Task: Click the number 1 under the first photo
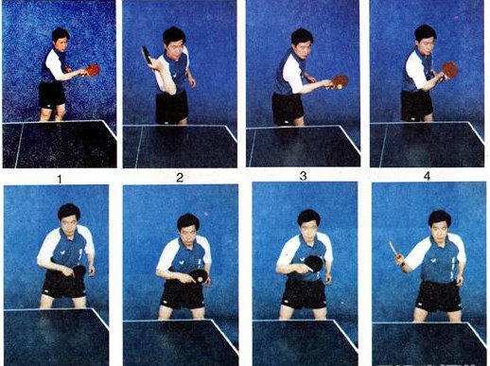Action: pos(60,180)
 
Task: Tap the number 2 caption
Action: pos(180,178)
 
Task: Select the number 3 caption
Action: pos(303,176)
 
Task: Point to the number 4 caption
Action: pos(427,176)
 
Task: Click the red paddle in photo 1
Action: pos(93,70)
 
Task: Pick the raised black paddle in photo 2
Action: pos(147,55)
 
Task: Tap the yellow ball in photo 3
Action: pos(340,86)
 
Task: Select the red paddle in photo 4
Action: pos(449,70)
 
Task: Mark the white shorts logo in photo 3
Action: pos(287,122)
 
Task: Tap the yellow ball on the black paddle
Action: pos(200,279)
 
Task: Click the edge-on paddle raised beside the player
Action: pos(394,251)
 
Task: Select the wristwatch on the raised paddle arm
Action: pos(403,264)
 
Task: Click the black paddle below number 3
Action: pos(314,263)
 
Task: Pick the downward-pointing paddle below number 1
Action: pos(79,274)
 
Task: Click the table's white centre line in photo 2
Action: pos(139,147)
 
